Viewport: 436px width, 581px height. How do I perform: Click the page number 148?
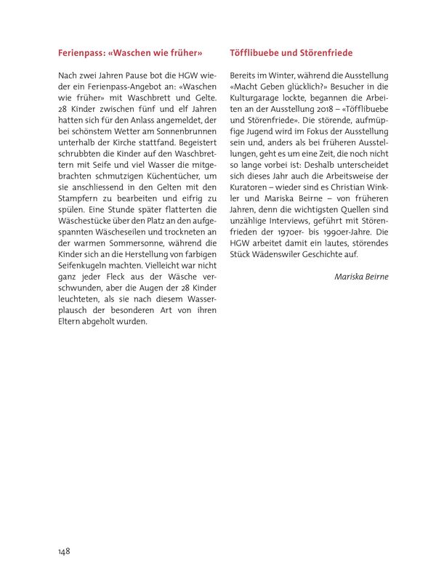64,552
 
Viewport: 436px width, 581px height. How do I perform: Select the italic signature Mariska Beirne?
362,277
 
